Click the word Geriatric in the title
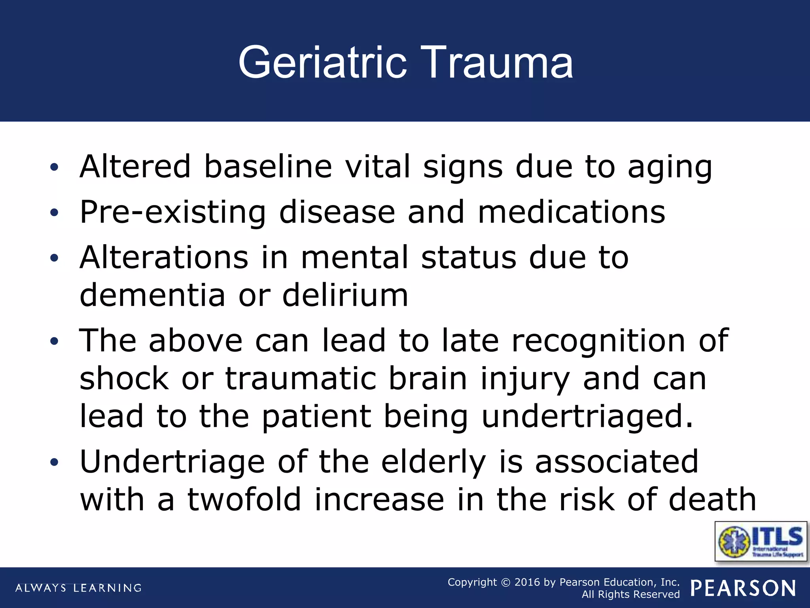coord(322,63)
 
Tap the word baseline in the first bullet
coord(268,166)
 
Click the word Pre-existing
coord(173,212)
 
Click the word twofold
coord(244,499)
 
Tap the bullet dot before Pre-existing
coord(54,213)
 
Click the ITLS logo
coord(761,541)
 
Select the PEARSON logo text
coord(743,588)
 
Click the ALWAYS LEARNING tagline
coord(78,588)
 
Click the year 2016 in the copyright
coord(527,582)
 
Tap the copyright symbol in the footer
coord(505,583)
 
